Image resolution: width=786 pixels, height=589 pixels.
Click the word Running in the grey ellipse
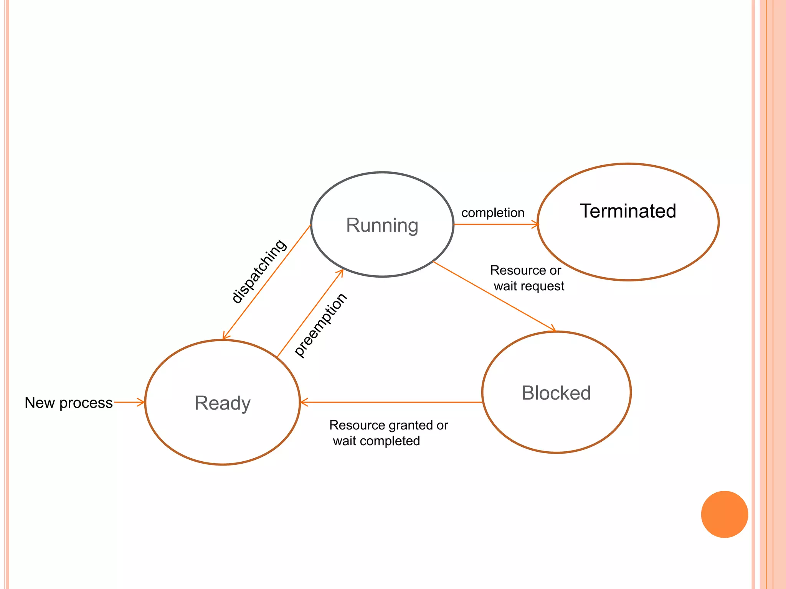pos(382,225)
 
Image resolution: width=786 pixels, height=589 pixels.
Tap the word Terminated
pos(628,211)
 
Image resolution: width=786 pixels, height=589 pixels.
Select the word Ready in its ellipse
pos(223,403)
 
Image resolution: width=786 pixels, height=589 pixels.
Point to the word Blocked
pos(556,393)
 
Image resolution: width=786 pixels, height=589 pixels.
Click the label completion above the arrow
pos(493,213)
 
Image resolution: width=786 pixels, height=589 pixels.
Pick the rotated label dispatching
pos(259,271)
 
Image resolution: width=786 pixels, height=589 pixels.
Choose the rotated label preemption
pos(320,325)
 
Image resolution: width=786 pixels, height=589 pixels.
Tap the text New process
pos(69,403)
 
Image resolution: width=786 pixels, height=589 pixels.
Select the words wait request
pos(529,286)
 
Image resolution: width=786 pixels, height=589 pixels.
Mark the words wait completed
pos(376,441)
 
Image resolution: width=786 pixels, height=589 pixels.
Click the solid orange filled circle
pos(724,514)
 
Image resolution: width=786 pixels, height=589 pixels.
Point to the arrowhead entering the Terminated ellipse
pos(537,224)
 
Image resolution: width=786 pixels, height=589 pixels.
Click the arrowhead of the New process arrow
pos(142,402)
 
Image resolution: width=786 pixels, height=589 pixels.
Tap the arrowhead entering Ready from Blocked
pos(303,402)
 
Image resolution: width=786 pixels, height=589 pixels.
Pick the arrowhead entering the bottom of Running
pos(340,272)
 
